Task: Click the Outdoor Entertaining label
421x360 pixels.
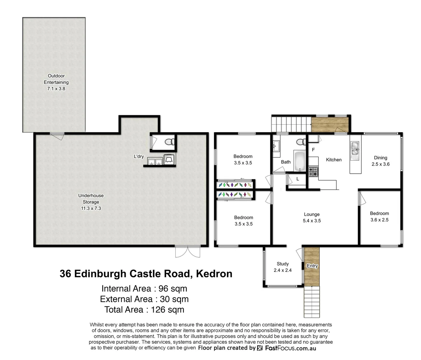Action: coord(56,79)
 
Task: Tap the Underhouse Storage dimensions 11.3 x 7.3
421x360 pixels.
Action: coord(91,208)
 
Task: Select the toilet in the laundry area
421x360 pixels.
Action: coord(170,142)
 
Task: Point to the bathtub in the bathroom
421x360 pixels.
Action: coord(299,161)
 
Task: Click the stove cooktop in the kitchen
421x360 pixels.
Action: coord(313,172)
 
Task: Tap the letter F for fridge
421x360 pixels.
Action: coord(313,150)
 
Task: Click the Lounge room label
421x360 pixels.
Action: coord(312,214)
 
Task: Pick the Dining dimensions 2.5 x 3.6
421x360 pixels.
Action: coord(380,164)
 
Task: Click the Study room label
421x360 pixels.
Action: coord(283,264)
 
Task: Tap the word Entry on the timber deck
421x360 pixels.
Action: coord(312,266)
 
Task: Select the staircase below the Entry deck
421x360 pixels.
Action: coord(312,302)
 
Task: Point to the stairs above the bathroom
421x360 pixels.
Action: coord(291,124)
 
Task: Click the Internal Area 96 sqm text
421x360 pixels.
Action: coord(144,289)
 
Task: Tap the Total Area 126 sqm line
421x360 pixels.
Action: coord(144,310)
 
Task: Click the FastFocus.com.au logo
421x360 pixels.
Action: coord(287,348)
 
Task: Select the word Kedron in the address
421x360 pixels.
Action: coord(214,274)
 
